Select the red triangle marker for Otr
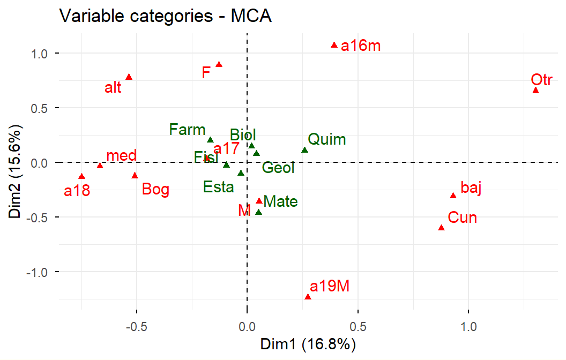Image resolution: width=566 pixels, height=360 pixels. click(x=535, y=91)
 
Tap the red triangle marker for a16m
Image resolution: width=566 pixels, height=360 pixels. click(x=334, y=46)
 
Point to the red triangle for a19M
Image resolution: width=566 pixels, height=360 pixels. click(x=308, y=297)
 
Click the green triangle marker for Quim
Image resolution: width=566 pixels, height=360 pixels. click(x=304, y=151)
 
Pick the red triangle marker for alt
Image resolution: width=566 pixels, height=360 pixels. click(x=129, y=77)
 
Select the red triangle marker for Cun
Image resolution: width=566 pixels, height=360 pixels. click(x=441, y=228)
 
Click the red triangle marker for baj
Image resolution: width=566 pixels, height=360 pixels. click(x=453, y=196)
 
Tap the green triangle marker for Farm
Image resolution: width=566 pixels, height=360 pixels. click(x=210, y=140)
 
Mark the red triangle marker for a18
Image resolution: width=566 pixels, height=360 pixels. click(x=81, y=176)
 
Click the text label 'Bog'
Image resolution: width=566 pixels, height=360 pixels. click(x=156, y=189)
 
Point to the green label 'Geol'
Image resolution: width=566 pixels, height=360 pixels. click(x=278, y=168)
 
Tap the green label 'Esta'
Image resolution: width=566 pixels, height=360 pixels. click(x=219, y=187)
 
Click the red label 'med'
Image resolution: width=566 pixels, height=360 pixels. click(x=121, y=156)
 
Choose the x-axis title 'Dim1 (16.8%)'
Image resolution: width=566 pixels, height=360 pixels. click(x=308, y=344)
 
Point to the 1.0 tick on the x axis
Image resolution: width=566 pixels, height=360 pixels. click(x=468, y=325)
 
